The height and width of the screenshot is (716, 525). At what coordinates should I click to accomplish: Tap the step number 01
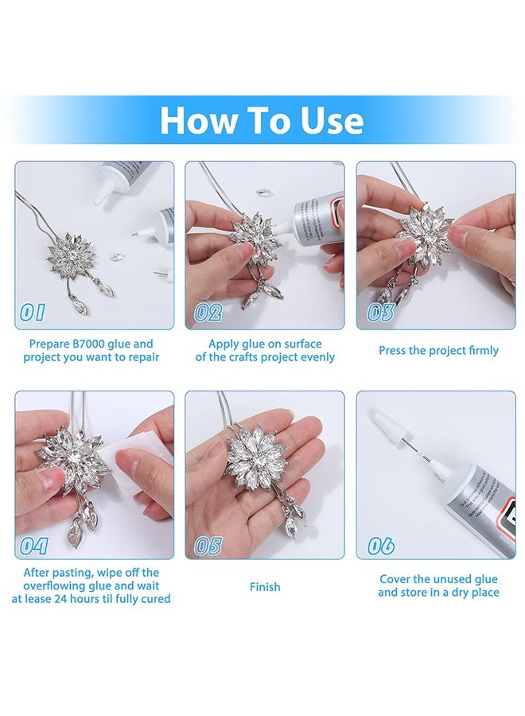33,313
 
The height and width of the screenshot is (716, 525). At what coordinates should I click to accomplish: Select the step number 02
208,313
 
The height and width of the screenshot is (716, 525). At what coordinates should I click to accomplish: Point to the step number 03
381,313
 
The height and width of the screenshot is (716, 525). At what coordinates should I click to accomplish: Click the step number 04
33,546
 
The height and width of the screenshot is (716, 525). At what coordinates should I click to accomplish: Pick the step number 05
208,546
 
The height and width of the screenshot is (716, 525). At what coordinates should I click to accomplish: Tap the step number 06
381,546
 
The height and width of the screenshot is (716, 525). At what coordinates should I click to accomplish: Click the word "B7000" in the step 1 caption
89,344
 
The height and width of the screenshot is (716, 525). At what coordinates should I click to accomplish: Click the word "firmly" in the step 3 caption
483,351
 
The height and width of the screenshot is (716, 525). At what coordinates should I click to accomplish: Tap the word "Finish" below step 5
265,587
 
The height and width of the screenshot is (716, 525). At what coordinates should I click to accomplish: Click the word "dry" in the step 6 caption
459,593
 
